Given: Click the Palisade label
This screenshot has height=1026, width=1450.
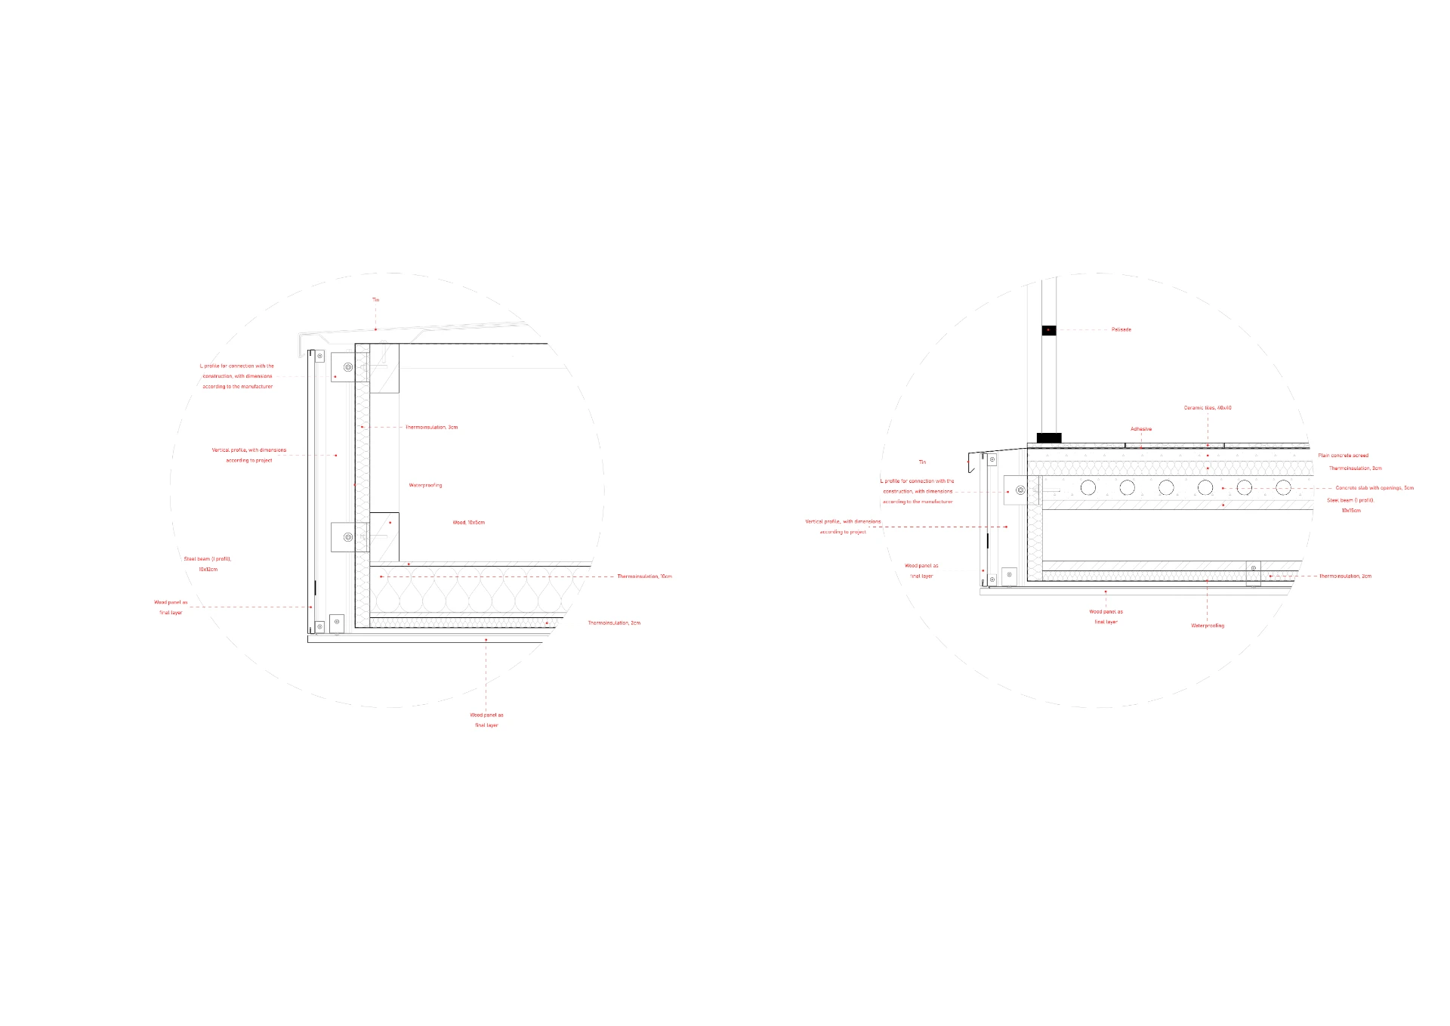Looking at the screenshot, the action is [1121, 329].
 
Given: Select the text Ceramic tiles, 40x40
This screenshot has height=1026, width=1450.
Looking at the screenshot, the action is [1207, 408].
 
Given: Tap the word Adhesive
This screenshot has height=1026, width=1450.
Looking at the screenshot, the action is [1141, 429].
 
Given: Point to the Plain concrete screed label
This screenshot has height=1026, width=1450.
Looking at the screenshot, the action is [1343, 456].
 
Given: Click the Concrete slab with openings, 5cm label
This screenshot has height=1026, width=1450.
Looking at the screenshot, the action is [1374, 488].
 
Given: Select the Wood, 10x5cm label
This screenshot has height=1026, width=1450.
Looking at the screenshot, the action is [468, 523].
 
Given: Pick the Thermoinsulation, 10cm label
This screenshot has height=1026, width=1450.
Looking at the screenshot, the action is [644, 576].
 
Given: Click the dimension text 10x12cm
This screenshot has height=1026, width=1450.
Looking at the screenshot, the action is [208, 570].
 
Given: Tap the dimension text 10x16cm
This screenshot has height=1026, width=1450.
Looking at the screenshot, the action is [1351, 511].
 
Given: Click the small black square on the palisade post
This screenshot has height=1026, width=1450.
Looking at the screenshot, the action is [1048, 330].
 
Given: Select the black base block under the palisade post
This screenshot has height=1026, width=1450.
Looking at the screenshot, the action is [1049, 438].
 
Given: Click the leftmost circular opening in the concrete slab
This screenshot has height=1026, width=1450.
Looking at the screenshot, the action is [1088, 487].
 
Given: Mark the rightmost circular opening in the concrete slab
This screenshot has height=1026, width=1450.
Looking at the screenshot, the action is [1283, 487].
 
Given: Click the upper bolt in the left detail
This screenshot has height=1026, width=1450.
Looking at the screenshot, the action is [348, 367].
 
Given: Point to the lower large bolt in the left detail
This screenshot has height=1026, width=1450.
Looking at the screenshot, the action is [348, 537].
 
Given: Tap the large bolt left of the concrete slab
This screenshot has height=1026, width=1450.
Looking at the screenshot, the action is [1020, 490].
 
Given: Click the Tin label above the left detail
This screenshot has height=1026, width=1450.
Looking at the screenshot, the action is [375, 300].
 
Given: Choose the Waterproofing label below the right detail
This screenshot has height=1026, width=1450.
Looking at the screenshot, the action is [1208, 626].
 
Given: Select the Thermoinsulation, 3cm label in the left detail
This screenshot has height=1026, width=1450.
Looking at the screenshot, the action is [431, 428].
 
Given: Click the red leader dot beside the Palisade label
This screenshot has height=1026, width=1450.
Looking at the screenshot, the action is [1048, 330].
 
